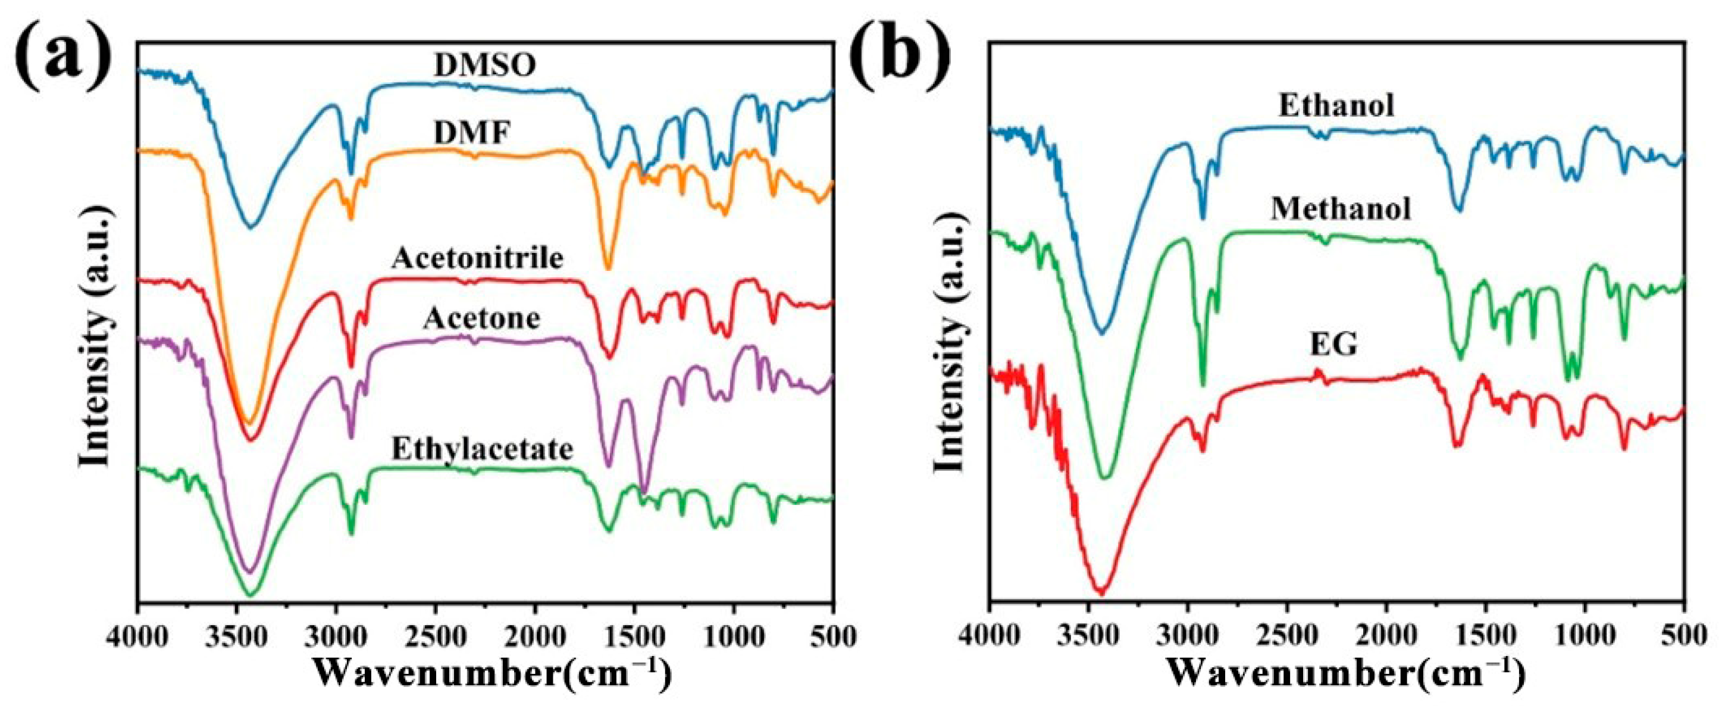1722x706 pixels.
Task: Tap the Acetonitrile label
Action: tap(478, 259)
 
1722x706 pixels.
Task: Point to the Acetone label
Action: tap(482, 319)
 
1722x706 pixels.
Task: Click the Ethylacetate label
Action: tap(482, 450)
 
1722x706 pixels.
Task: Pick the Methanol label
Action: tap(1341, 210)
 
